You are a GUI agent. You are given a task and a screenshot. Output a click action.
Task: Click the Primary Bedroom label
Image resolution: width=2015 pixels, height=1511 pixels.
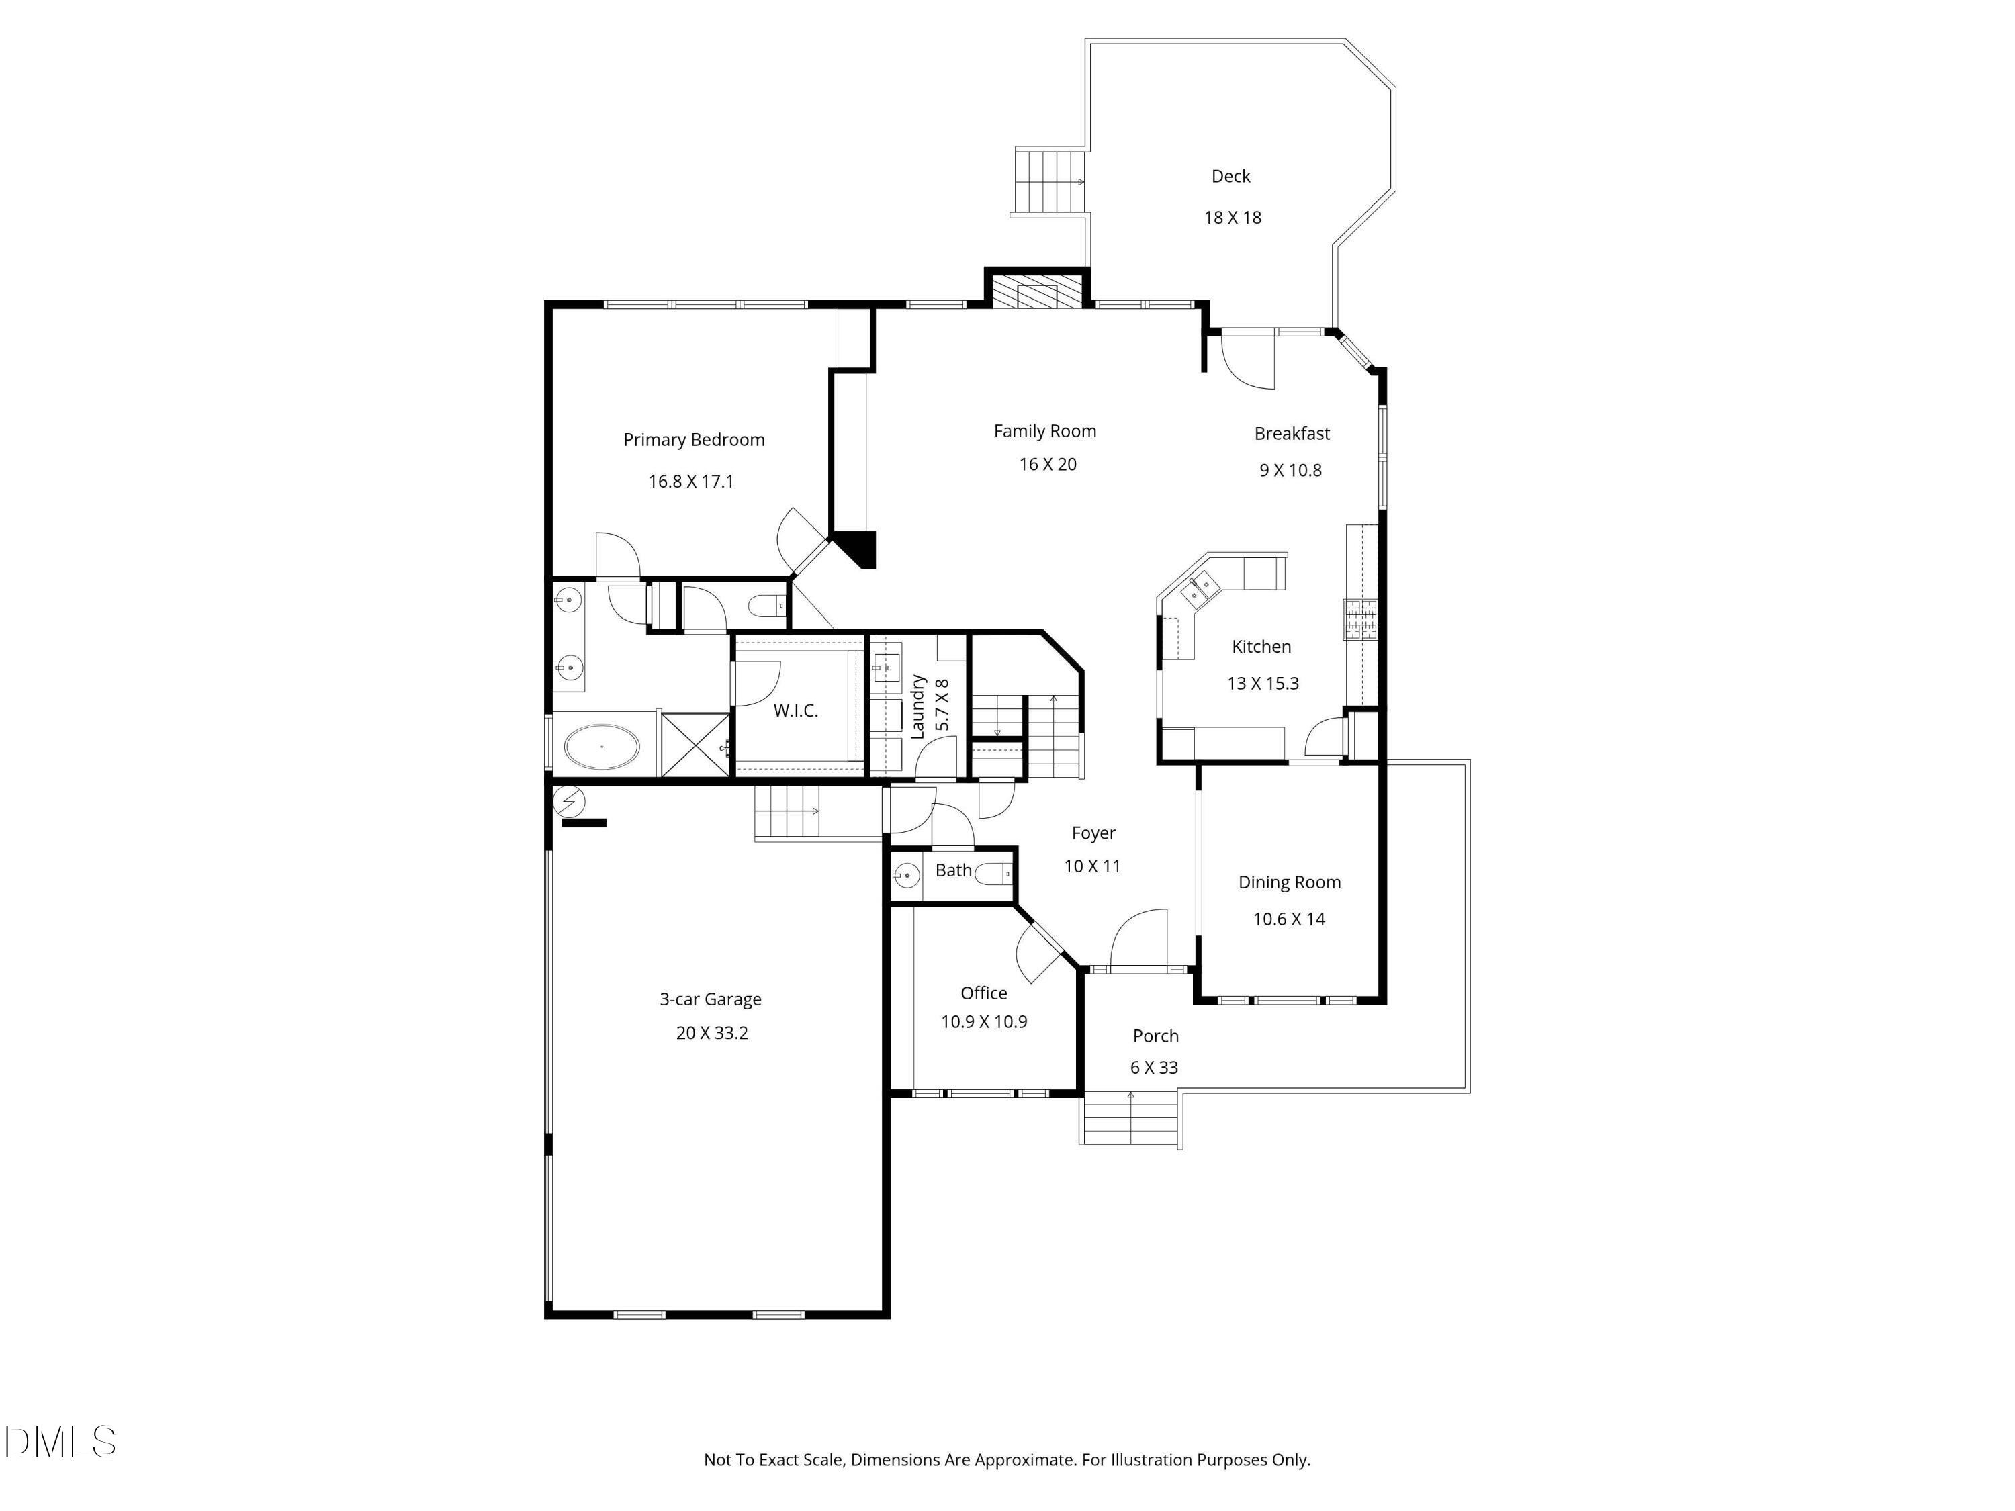(693, 440)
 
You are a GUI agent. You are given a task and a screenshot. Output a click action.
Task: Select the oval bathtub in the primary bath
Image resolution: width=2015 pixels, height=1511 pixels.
(601, 747)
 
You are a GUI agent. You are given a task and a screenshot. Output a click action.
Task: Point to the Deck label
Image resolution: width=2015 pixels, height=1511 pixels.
(1230, 177)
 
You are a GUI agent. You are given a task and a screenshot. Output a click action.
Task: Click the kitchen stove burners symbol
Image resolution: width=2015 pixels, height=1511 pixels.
(1360, 619)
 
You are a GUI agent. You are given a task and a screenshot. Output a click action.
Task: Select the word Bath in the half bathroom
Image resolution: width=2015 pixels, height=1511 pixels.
(953, 871)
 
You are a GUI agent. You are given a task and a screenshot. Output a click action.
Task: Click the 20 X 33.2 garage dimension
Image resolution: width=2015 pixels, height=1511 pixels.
(711, 1033)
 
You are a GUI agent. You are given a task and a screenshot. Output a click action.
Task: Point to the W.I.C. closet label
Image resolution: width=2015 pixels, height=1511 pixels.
(795, 711)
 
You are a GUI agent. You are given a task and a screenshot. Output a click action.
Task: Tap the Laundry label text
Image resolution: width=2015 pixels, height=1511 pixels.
(918, 706)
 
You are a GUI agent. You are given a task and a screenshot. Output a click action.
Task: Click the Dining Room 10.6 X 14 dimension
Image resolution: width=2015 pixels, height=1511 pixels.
(1288, 919)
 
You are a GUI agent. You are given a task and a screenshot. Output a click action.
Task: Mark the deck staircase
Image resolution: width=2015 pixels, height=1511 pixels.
(1048, 182)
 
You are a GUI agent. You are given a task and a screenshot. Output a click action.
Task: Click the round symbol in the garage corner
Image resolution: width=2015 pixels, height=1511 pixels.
(570, 800)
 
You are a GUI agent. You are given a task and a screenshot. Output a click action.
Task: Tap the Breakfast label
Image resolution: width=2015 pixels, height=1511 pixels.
(1291, 434)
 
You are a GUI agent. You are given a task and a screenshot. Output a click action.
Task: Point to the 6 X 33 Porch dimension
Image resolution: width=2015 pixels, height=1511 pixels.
(1153, 1068)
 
